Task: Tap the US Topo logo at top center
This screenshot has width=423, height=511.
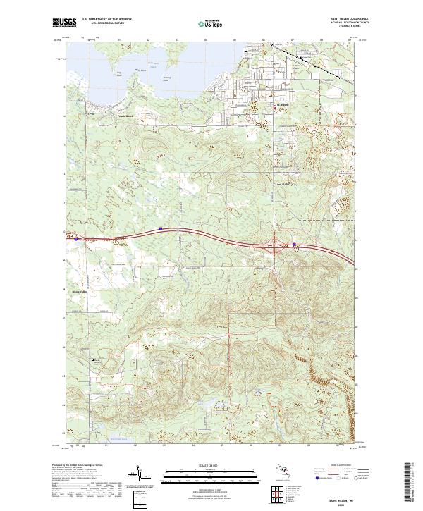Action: (212, 24)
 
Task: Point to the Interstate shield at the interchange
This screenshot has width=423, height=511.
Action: (295, 245)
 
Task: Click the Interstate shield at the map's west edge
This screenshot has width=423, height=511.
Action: (76, 239)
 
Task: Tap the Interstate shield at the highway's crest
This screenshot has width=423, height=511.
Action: (161, 228)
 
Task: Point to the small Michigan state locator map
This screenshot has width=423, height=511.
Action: (276, 474)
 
